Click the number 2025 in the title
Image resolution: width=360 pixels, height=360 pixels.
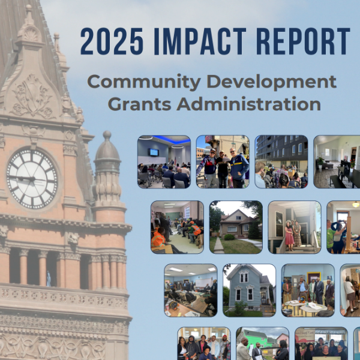pos(112,41)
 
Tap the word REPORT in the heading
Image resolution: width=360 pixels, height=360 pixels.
pos(303,41)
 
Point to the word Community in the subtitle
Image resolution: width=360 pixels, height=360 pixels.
pos(144,82)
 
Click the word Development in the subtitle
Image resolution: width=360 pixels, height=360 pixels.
pos(272,82)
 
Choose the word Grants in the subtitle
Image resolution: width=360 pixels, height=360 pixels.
pos(140,104)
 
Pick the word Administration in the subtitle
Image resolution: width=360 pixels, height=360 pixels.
pos(248,104)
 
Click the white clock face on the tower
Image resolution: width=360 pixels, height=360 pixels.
pos(32,179)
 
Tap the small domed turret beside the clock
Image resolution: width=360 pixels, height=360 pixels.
pos(107,170)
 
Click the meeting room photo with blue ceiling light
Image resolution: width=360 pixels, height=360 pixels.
pos(164,161)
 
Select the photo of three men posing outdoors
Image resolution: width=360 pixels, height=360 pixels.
pos(223,161)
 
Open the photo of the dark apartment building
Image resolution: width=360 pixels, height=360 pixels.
pos(281,161)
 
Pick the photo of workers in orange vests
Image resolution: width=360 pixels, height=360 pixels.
pos(177,227)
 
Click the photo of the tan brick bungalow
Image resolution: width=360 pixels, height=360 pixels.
pos(236,227)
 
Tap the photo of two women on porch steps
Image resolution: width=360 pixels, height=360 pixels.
pos(295,227)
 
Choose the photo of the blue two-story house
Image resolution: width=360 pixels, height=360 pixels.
pos(250,290)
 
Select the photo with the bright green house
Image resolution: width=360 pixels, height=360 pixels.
pos(263,343)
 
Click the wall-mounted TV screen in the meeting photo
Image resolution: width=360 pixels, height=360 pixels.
pos(154,152)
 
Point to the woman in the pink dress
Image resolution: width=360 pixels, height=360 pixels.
pos(289,236)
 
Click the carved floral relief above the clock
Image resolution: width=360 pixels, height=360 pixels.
pos(32,96)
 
